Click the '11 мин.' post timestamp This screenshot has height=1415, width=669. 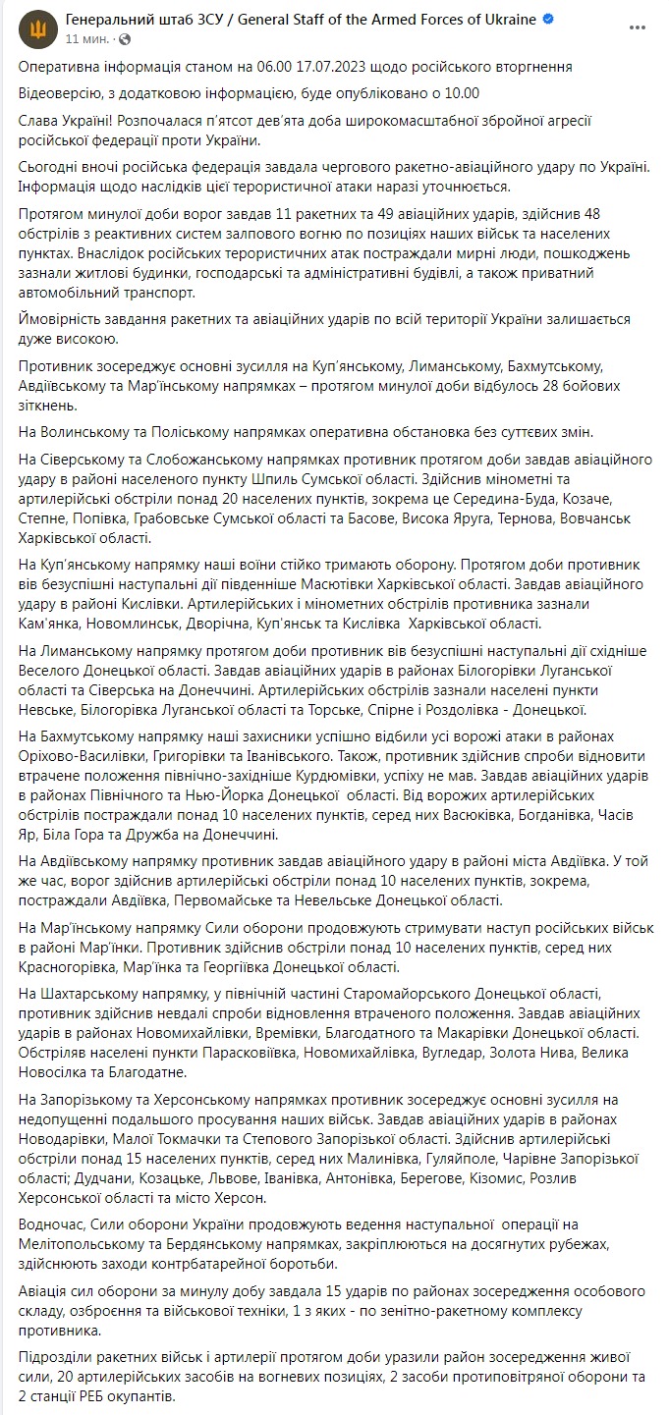point(86,38)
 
